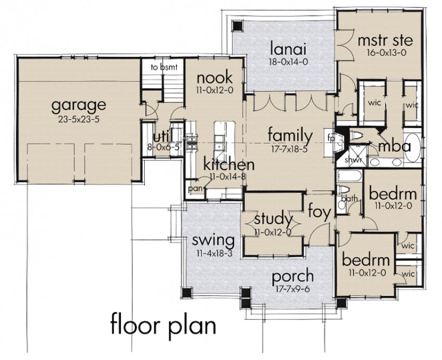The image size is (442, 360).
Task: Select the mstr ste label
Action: click(x=377, y=40)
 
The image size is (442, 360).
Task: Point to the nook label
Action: click(x=214, y=76)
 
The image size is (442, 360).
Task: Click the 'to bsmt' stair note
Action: click(x=161, y=68)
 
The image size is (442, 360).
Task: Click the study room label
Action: click(x=273, y=220)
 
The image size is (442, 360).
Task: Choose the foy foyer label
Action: click(x=319, y=211)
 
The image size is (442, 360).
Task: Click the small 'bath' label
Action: click(x=351, y=198)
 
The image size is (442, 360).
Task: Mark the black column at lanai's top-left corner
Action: click(x=236, y=25)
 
